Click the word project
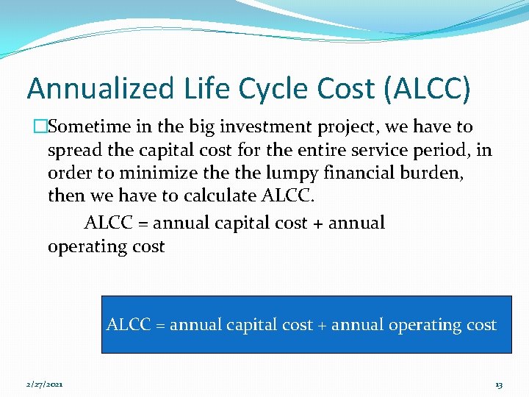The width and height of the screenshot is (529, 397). tap(349, 127)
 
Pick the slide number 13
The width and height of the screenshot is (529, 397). tap(499, 385)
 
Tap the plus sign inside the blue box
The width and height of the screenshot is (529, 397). tap(322, 325)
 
